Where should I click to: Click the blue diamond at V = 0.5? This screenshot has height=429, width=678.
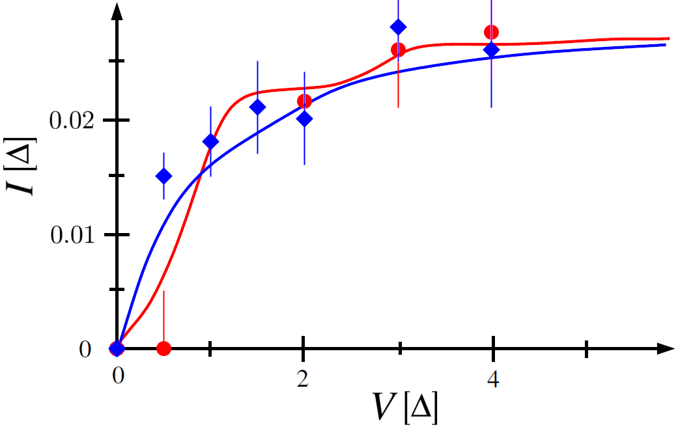163,176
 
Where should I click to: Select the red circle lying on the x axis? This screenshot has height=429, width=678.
163,348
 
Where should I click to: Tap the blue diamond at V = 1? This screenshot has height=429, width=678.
210,141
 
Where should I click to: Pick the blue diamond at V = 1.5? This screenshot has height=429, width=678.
257,107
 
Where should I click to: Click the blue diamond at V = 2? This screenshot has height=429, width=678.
304,118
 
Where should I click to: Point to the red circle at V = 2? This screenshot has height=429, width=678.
304,101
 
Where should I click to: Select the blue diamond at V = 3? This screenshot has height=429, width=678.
398,27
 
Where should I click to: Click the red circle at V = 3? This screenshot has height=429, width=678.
398,50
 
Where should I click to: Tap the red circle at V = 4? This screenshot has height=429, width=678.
492,32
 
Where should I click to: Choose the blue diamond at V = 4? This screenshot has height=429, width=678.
492,49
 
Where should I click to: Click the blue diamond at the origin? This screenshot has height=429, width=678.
117,348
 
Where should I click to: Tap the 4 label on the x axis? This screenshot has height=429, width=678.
493,380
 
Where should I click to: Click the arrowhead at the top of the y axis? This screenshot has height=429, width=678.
117,12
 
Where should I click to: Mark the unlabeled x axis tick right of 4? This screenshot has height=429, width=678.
587,348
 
